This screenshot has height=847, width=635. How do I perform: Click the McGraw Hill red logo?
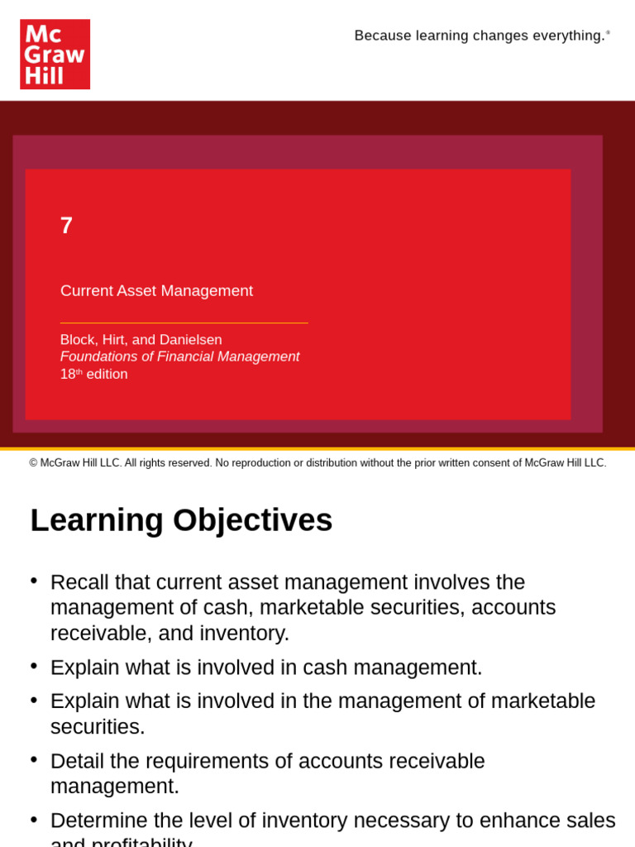[55, 55]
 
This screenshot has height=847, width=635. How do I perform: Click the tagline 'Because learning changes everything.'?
[480, 36]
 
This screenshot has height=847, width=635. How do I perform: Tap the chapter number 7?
[66, 225]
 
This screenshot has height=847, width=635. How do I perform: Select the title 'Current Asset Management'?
[156, 291]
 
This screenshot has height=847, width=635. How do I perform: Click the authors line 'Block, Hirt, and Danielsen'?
[141, 340]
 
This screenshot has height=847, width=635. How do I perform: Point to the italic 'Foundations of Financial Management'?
[179, 357]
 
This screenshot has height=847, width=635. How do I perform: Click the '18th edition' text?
[93, 374]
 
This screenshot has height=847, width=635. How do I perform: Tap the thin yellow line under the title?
[184, 323]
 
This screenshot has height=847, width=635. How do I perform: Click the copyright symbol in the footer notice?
[34, 463]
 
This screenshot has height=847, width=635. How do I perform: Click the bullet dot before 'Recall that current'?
[34, 581]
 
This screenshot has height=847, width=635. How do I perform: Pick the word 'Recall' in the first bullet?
[79, 582]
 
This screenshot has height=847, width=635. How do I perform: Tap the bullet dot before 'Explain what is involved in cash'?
[34, 666]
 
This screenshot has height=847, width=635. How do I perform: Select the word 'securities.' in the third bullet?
[97, 727]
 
